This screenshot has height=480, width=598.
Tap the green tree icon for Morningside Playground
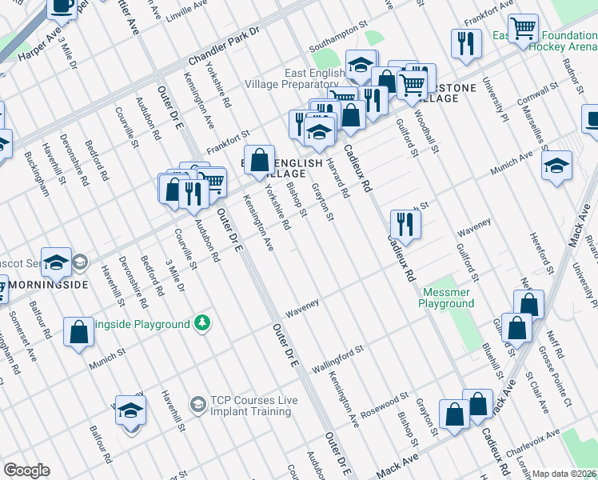tap(204, 323)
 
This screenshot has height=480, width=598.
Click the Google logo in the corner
tap(26, 470)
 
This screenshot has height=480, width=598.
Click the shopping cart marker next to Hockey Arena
tap(523, 30)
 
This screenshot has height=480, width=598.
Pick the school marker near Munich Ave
tap(556, 166)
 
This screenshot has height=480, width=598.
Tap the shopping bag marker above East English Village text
tap(259, 160)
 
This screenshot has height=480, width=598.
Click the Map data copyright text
tap(564, 474)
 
